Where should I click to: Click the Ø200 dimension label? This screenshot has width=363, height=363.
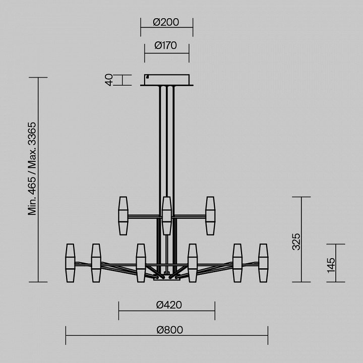tap(166, 22)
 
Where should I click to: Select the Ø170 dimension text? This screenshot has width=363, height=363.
tap(166, 45)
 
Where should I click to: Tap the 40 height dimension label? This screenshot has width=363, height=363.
tap(109, 80)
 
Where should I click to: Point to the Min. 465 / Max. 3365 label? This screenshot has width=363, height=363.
tap(32, 169)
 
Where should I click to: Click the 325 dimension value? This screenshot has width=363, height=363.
tap(296, 241)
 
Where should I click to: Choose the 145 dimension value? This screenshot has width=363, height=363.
tap(331, 265)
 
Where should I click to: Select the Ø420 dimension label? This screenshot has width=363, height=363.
tap(169, 305)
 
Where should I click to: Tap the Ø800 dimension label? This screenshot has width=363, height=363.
tap(170, 330)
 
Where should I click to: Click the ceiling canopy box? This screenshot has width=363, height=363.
tap(167, 80)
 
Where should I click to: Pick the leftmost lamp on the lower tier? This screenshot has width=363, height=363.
tap(70, 263)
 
